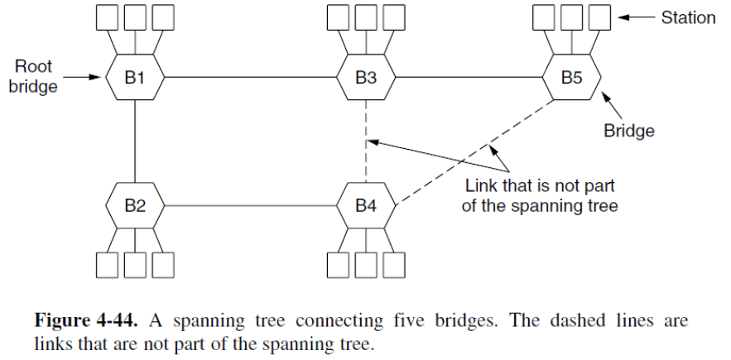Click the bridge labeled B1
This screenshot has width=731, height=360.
point(135,78)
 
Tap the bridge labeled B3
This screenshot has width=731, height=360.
point(366,78)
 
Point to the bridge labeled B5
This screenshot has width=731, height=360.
point(571,78)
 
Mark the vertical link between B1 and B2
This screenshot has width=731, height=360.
point(135,141)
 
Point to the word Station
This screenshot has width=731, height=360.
point(688,17)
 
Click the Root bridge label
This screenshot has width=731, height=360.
point(33,76)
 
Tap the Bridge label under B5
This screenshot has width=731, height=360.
point(628,130)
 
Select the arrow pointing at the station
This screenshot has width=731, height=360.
point(637,17)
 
